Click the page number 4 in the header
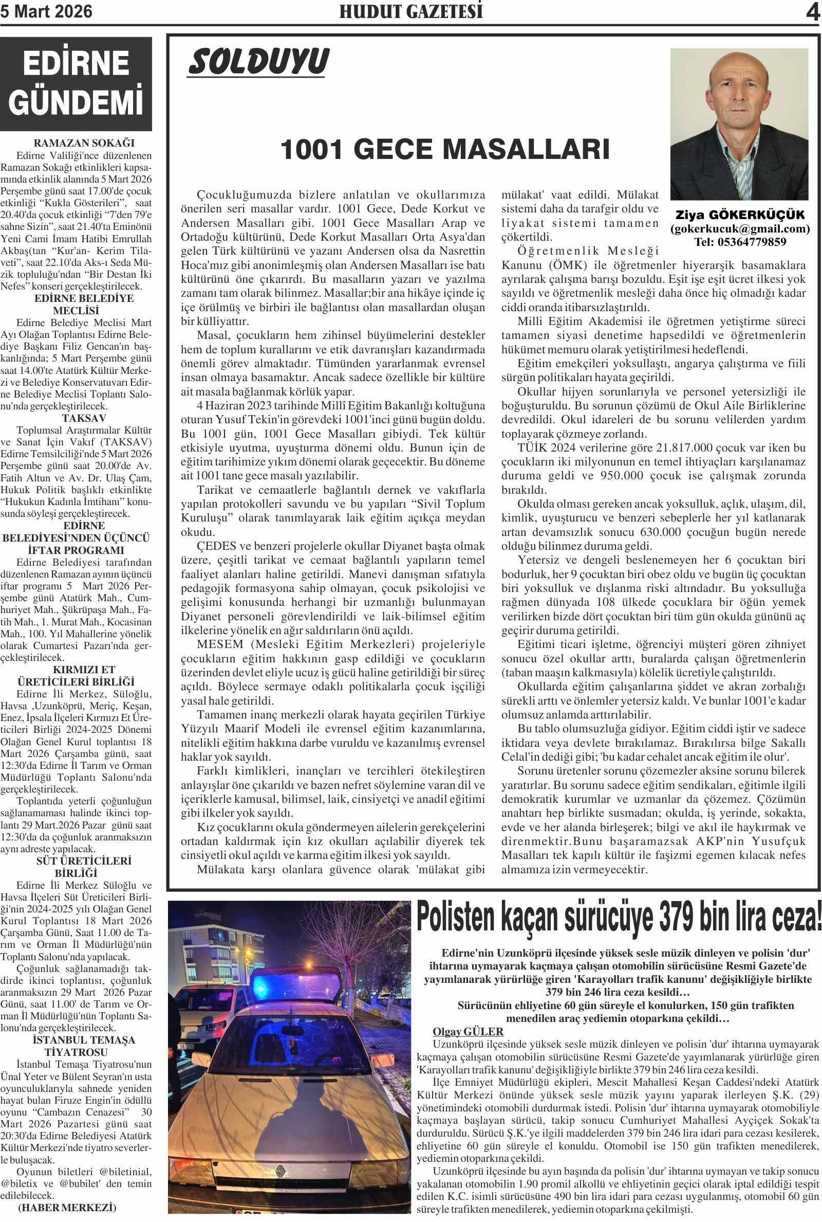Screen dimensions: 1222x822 pos(812,12)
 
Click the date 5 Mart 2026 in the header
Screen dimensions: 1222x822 pos(46,11)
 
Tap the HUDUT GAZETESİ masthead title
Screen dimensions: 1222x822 pos(411,12)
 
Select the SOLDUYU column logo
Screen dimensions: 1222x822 pos(258,62)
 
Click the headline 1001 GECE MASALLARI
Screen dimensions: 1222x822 pos(445,150)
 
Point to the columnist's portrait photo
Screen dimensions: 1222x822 pos(739,124)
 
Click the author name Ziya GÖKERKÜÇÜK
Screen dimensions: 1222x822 pos(740,215)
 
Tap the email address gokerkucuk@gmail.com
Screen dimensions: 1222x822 pos(740,229)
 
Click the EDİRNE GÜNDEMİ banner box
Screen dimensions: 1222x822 pos(76,84)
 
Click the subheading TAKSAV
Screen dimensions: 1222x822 pos(84,418)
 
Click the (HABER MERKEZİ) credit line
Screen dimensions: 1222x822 pos(67,1207)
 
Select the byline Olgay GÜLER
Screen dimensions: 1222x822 pos(468,1032)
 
